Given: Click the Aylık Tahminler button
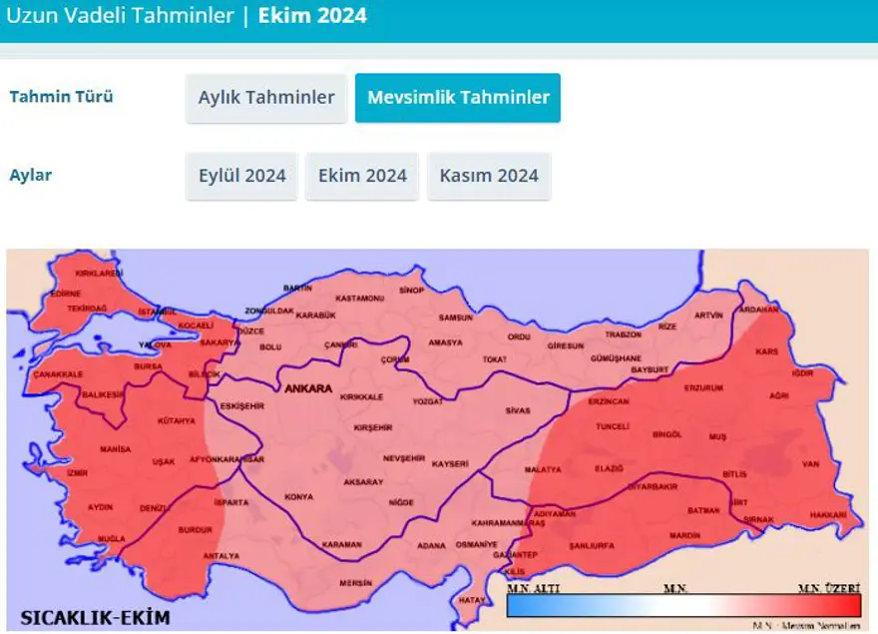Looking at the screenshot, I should (x=265, y=98).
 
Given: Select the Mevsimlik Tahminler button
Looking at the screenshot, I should (x=457, y=98).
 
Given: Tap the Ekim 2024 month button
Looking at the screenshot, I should (x=362, y=176).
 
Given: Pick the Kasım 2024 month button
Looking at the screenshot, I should (x=489, y=176).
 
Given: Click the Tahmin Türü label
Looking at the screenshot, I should (x=61, y=97).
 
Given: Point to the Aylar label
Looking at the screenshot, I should (x=30, y=175).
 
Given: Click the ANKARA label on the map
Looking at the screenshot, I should (x=308, y=388).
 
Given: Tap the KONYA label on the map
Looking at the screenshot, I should (x=298, y=496).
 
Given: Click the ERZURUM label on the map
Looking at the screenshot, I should (x=702, y=387).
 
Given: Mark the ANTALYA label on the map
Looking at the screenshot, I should (x=220, y=555).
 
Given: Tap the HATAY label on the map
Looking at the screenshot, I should (x=471, y=600).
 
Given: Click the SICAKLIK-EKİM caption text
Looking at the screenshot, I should (x=96, y=616).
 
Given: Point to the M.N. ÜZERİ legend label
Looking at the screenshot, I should (x=829, y=588).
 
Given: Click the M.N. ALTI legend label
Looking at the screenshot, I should (x=534, y=588).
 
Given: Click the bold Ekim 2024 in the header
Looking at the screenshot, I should (x=312, y=16).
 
